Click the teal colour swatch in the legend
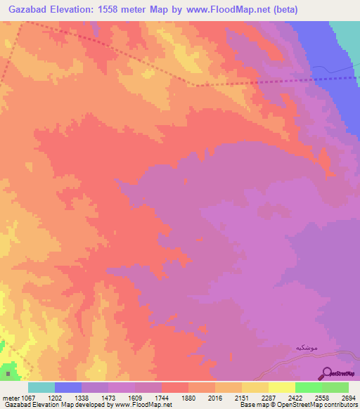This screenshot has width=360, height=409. [x=41, y=387]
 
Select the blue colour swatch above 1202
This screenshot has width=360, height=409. [x=67, y=387]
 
